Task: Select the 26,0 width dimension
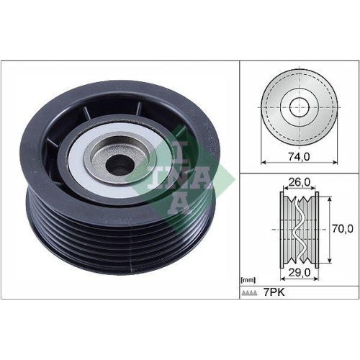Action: [x=298, y=183]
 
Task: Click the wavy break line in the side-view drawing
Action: [x=298, y=228]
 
